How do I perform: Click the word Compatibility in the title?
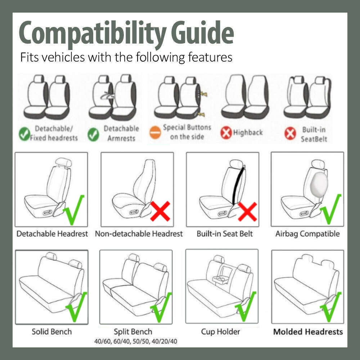tap(93, 33)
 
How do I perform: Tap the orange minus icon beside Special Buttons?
tap(155, 132)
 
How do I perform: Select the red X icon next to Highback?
tap(226, 133)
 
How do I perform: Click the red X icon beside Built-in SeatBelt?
tap(290, 134)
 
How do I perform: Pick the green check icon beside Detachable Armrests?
tap(93, 134)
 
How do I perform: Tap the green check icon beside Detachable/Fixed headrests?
tap(24, 134)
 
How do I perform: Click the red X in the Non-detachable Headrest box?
tap(160, 211)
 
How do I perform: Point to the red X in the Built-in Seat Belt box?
tap(247, 211)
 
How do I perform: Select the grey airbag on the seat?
tap(319, 184)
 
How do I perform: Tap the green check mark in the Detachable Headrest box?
tap(74, 210)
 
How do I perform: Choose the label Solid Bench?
tap(51, 332)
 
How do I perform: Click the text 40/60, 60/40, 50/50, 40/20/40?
tap(136, 341)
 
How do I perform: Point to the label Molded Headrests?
tap(308, 332)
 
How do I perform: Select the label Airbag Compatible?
tap(307, 234)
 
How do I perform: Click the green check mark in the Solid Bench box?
tap(76, 307)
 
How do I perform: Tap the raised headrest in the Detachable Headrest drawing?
tap(64, 162)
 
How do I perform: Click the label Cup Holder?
tap(220, 332)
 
